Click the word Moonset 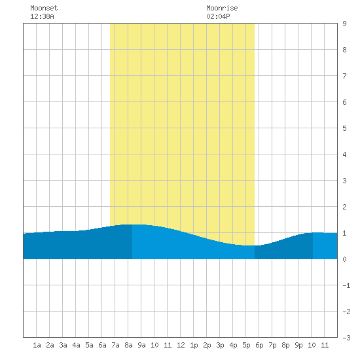44,8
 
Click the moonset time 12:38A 42,16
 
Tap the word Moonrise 222,8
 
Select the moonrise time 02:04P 218,16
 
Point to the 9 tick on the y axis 344,24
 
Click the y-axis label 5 344,128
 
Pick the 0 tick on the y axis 344,259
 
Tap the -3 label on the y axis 346,338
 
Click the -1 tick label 346,285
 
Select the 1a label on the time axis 37,345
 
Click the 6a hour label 102,345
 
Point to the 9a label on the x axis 141,345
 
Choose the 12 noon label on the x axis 181,345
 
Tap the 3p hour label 220,345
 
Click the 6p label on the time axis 259,345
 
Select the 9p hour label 298,345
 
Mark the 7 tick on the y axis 344,76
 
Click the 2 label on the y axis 344,207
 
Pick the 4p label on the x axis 233,345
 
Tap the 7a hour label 115,345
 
